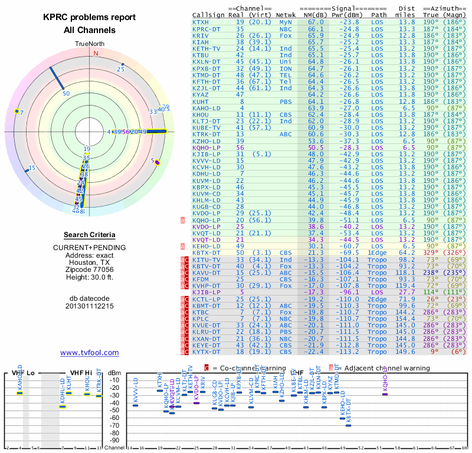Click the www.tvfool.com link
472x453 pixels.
click(x=89, y=353)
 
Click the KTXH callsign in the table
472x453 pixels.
click(x=201, y=22)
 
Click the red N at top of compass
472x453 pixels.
click(x=96, y=53)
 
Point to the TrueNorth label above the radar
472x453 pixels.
click(x=88, y=44)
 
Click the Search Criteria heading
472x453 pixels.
click(x=90, y=235)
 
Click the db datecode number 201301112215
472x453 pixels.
click(x=90, y=306)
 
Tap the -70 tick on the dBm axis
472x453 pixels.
click(x=116, y=425)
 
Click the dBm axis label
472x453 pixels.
click(x=116, y=372)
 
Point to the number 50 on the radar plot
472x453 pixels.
click(x=66, y=93)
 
